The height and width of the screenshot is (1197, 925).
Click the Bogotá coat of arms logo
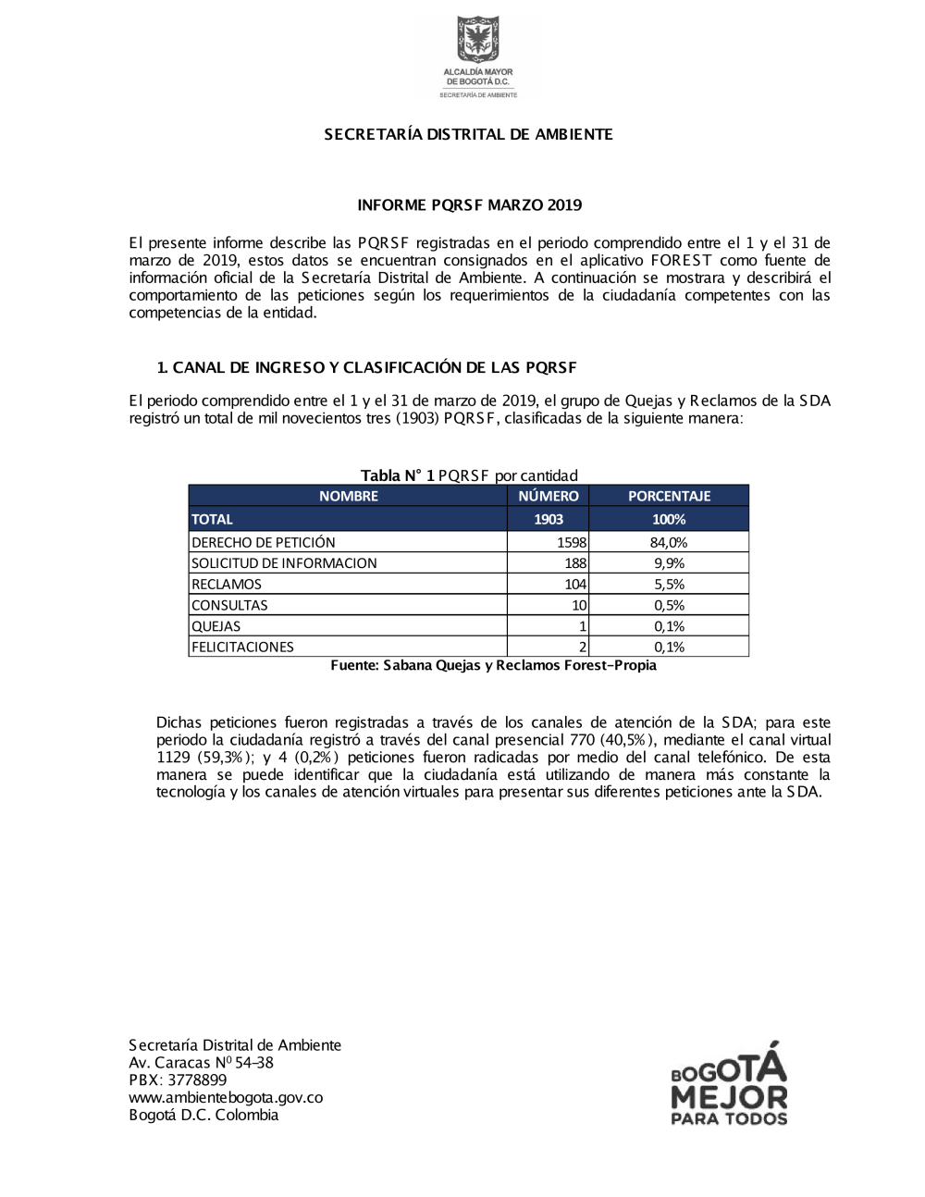pos(477,42)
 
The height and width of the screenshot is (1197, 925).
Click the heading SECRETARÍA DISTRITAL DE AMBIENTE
pos(468,134)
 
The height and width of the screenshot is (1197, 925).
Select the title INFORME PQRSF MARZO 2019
pos(469,204)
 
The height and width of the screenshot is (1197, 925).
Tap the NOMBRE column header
pos(348,496)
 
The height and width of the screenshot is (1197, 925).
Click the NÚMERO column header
pos(548,496)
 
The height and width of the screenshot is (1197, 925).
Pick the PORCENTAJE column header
pos(669,496)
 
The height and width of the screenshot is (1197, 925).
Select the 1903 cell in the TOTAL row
pos(548,519)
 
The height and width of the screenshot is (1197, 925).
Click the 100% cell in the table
pos(669,519)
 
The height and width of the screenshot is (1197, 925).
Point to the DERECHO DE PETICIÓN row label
pos(264,542)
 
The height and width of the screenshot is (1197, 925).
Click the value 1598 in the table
pos(572,542)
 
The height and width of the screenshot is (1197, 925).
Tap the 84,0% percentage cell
pos(669,542)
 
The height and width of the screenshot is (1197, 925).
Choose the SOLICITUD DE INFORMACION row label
pos(284,562)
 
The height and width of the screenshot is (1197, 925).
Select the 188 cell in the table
pos(575,562)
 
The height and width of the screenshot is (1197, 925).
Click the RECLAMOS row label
pos(227,584)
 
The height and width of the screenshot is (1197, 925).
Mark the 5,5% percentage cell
pos(669,584)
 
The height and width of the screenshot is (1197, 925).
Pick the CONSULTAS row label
pos(229,605)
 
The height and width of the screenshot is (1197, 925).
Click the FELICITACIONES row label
pos(242,647)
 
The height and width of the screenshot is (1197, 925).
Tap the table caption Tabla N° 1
pos(398,475)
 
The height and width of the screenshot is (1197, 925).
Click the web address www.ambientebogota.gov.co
pos(226,1097)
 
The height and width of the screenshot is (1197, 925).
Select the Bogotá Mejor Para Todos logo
pos(729,1084)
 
